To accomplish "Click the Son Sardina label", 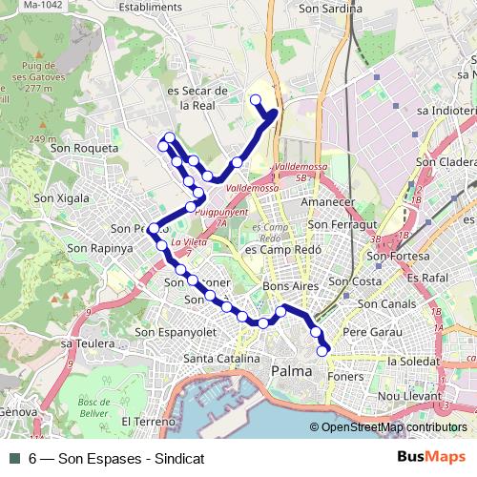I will (x=331, y=9).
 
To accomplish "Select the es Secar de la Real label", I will (x=197, y=98).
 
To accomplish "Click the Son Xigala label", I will (x=60, y=198).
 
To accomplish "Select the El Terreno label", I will (x=148, y=420).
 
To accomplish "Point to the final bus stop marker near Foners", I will (x=322, y=350).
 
